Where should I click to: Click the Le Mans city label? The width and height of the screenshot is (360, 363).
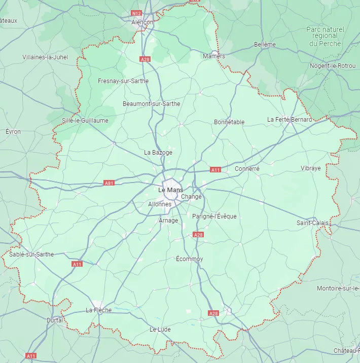click(170, 190)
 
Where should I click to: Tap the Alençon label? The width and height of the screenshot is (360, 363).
click(142, 22)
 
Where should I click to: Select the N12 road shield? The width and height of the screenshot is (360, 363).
click(136, 13)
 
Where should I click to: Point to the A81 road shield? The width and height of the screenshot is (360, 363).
click(109, 183)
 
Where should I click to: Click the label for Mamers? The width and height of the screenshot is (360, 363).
click(213, 56)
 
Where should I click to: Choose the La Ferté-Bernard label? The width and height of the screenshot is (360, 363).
click(290, 120)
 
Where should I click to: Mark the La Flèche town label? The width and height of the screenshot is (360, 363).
click(98, 310)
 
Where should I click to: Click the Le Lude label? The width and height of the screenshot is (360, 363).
click(160, 330)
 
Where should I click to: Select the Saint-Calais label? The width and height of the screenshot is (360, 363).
click(313, 223)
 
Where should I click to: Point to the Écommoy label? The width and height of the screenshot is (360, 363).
click(189, 259)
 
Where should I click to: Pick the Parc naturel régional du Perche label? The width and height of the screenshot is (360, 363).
click(325, 37)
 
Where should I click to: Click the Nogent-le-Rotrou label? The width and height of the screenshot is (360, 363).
click(333, 66)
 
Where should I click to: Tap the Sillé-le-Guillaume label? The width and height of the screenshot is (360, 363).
click(85, 121)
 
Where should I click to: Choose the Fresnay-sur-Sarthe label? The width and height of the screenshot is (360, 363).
click(123, 81)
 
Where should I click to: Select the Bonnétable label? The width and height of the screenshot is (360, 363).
click(229, 122)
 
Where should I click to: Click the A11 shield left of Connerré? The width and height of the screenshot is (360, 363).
click(215, 170)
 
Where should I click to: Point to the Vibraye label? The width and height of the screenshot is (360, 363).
click(311, 168)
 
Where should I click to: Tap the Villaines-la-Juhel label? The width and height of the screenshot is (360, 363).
click(45, 57)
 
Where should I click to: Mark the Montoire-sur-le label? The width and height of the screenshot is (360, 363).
click(338, 288)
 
